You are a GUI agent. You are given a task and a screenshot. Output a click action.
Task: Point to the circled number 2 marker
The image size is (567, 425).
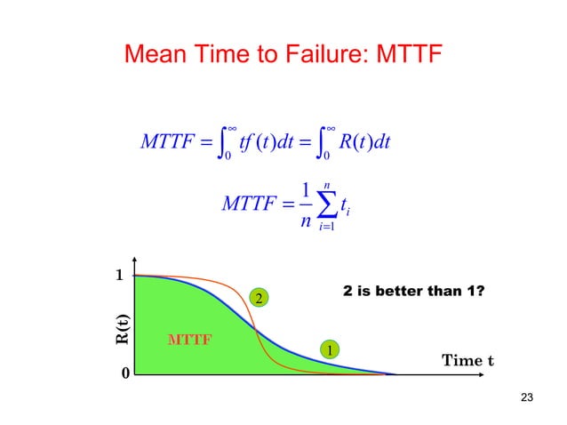(x=259, y=299)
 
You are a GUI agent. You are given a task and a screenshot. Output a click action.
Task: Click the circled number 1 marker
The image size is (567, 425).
(x=330, y=350)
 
